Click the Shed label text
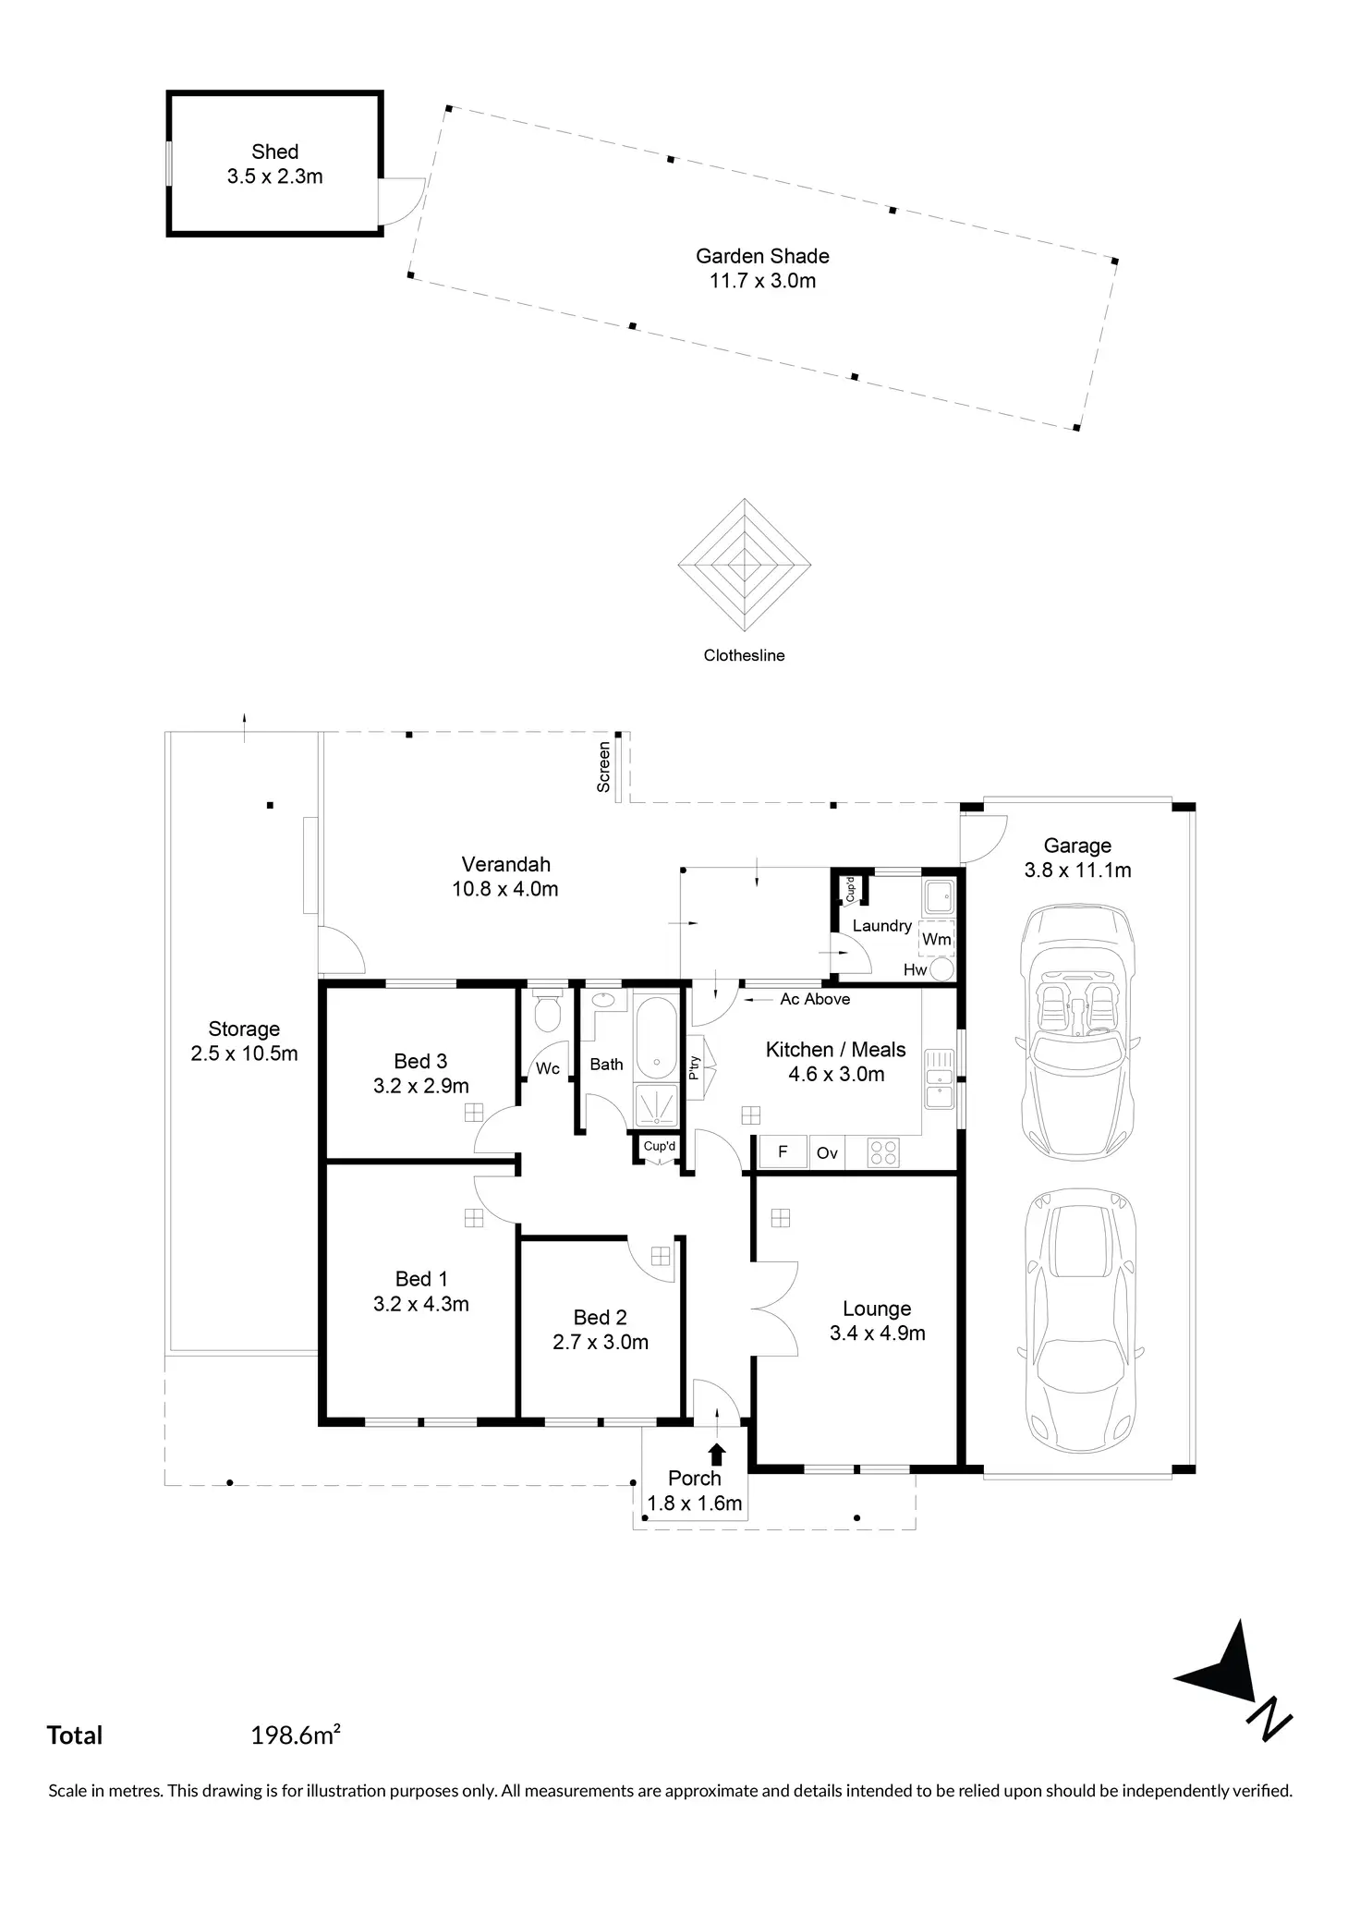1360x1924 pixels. (x=275, y=152)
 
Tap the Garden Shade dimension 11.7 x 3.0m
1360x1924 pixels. (x=762, y=281)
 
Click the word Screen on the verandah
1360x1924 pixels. (x=604, y=767)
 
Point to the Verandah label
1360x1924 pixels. (x=505, y=865)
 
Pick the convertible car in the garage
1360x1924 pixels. (x=1077, y=1033)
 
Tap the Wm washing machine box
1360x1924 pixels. (x=937, y=938)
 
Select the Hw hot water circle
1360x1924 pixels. (x=941, y=969)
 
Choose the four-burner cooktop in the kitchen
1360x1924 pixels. (x=882, y=1151)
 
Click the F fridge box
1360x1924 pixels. (x=783, y=1151)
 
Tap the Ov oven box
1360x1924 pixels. (x=827, y=1152)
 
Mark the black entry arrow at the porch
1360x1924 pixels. (x=717, y=1454)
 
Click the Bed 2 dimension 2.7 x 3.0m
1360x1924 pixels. (x=601, y=1342)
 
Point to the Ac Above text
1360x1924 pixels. (x=815, y=999)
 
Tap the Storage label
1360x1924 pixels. (x=244, y=1029)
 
